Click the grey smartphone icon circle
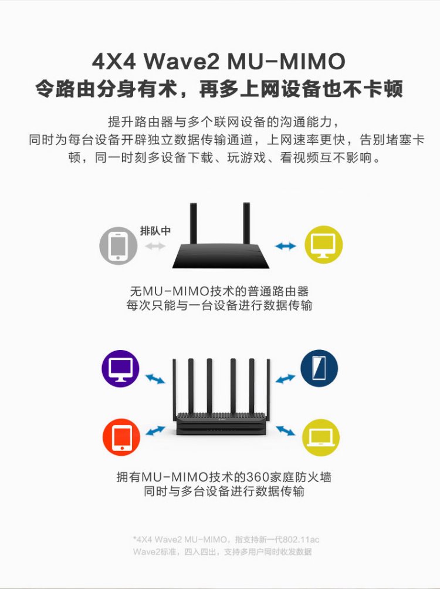coord(118,245)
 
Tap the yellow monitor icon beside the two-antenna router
coord(323,244)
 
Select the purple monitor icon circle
coord(120,369)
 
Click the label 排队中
coord(155,231)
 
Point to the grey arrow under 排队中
coord(155,246)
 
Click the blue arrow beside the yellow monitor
coord(286,246)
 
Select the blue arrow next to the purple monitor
coord(155,379)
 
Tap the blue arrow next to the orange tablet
coord(155,432)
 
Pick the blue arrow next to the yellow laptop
coord(286,432)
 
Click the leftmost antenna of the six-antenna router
coord(175,388)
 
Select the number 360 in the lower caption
coord(243,477)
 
